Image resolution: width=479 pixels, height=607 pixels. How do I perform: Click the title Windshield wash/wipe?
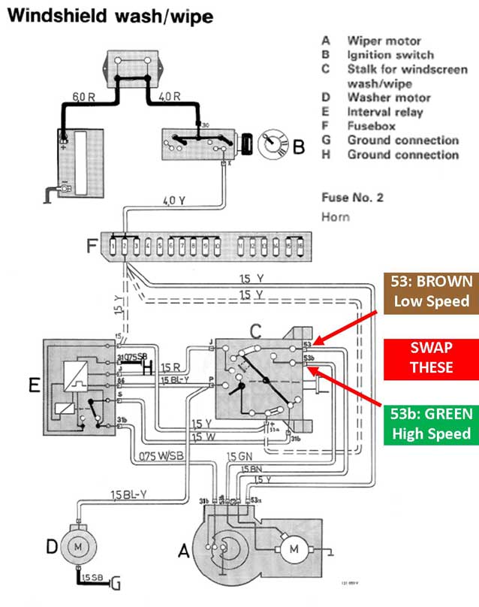coord(107,15)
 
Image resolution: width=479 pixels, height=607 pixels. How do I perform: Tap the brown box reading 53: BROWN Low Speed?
coord(431,291)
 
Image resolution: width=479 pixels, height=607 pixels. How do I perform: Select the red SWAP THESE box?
coord(431,357)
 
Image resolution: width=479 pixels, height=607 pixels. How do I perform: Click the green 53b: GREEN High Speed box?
coord(431,423)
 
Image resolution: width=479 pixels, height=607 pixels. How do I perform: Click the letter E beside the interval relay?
coord(33,385)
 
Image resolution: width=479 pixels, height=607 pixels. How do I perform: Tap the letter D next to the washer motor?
coord(52,547)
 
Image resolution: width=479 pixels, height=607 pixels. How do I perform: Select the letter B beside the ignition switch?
coord(299,147)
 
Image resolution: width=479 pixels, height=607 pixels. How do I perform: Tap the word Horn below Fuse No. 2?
coord(335,216)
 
